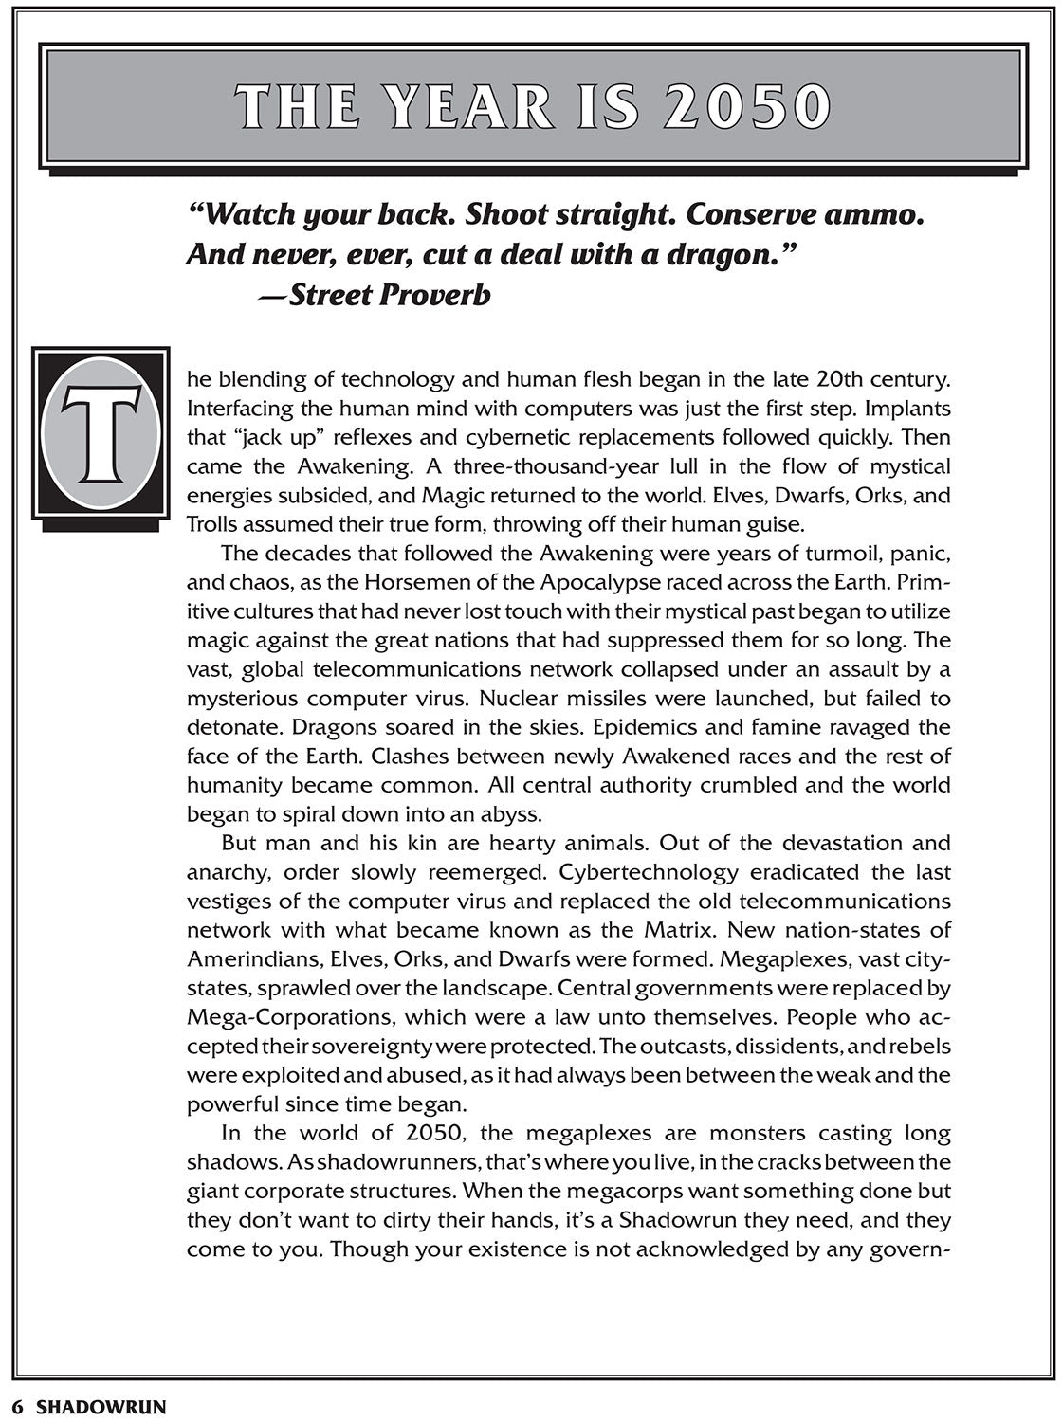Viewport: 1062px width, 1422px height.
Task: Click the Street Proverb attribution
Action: coord(375,296)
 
